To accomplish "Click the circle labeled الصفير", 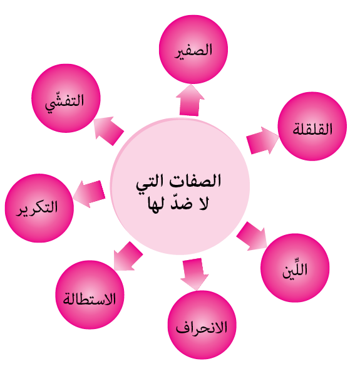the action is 193,50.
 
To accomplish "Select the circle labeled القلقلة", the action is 312,126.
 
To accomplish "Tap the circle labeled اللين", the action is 295,268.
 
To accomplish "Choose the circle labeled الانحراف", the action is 202,325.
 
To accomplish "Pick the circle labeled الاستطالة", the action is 90,295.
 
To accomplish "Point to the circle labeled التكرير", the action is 39,208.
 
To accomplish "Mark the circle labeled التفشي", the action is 66,98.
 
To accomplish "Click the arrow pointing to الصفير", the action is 190,100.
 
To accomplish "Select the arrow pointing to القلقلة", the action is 262,141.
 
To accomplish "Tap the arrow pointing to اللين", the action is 252,236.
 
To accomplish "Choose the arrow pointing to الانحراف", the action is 194,274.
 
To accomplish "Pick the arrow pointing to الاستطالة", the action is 128,256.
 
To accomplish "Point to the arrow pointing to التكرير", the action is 89,194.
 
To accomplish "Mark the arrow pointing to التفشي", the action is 109,130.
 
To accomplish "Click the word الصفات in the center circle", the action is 195,180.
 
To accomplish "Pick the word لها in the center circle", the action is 156,204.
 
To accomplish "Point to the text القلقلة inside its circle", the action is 312,128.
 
